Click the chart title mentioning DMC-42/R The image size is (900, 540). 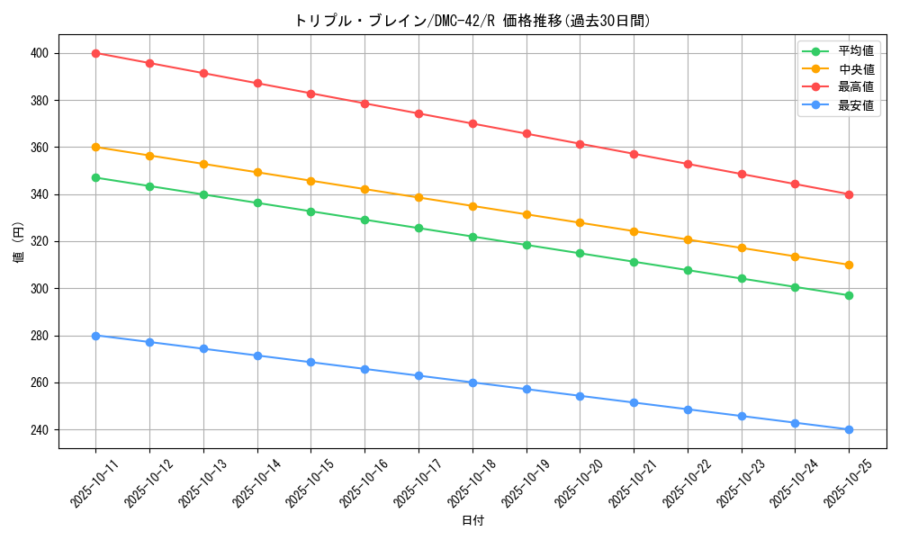(472, 21)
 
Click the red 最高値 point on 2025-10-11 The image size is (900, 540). (95, 53)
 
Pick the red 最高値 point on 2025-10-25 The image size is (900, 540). (849, 194)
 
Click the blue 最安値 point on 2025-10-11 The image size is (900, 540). (95, 336)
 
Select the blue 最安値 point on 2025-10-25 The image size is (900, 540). (849, 429)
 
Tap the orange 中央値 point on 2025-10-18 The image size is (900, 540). (472, 206)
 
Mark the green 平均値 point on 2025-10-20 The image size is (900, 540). (580, 253)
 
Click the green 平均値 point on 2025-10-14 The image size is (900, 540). (257, 202)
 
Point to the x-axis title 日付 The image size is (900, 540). (472, 521)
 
